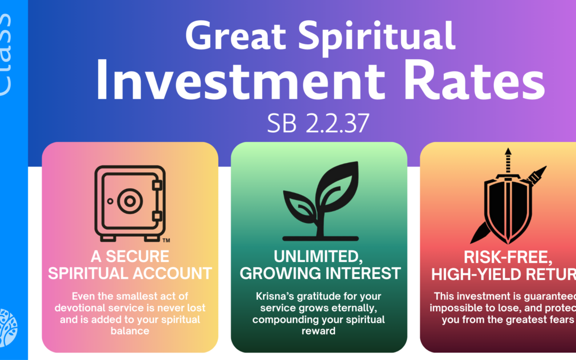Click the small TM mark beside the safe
click(x=166, y=239)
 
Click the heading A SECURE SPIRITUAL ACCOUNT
click(x=130, y=265)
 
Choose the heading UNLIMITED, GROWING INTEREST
click(x=319, y=265)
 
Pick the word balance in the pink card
click(x=130, y=330)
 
